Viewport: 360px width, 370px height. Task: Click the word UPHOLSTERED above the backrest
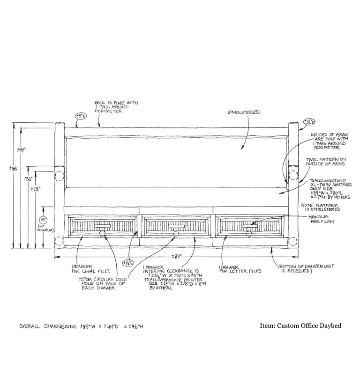pos(243,112)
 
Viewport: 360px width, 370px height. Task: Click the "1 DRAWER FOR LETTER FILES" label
pos(240,269)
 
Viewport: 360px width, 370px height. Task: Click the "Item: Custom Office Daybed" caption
pos(300,326)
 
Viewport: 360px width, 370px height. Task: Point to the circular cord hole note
pos(102,283)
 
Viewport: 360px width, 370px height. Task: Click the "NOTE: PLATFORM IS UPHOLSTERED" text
pos(321,206)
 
